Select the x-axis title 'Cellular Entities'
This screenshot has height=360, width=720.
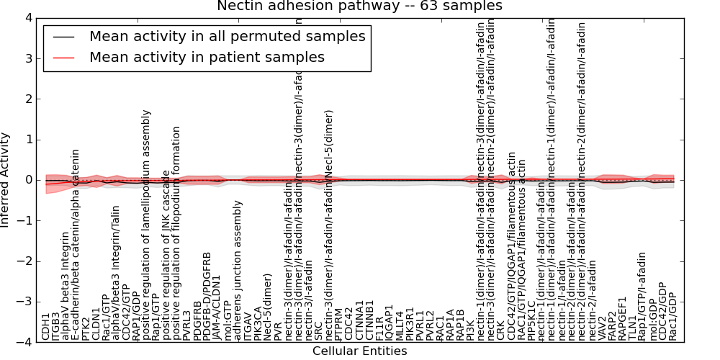[359, 351]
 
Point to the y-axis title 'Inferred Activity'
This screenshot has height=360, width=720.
[6, 180]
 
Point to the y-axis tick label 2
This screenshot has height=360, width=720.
[28, 99]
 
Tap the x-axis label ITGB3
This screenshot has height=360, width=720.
[56, 325]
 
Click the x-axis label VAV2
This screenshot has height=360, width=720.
[602, 328]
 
